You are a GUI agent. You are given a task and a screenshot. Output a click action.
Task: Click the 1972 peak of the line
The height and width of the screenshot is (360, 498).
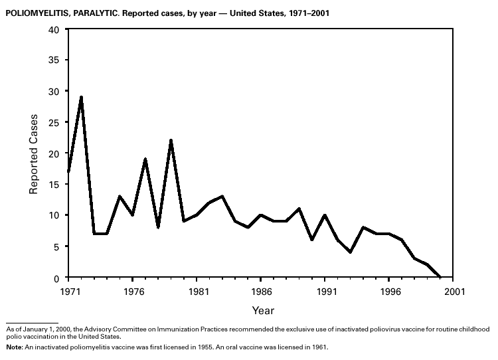[81, 98]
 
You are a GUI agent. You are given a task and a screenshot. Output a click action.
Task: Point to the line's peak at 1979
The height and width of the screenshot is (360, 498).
[171, 141]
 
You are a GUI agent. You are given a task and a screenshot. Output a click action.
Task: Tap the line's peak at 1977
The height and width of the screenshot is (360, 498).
[145, 159]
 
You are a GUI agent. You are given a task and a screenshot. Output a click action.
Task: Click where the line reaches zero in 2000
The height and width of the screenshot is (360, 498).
[441, 277]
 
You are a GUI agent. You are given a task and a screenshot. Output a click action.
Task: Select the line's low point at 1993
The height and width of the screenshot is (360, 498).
[351, 252]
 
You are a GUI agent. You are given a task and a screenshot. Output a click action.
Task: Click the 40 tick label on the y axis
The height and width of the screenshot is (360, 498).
[54, 30]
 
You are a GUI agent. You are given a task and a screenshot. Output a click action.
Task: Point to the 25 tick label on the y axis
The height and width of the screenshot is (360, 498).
[54, 123]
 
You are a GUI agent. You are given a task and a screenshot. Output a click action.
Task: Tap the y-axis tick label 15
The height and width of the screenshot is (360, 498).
[54, 185]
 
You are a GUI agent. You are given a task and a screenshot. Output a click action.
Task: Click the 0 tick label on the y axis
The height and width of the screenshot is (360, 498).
[57, 278]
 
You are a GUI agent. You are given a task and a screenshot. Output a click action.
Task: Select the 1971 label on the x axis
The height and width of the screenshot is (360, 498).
[68, 291]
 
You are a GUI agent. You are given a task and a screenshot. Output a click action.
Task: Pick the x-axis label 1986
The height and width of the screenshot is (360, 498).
[261, 291]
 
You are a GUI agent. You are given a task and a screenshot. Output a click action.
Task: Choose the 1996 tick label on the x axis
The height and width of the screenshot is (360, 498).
[389, 291]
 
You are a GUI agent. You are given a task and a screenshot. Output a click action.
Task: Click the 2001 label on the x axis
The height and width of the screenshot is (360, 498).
[454, 291]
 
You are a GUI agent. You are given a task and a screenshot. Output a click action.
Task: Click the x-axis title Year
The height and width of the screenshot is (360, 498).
[262, 310]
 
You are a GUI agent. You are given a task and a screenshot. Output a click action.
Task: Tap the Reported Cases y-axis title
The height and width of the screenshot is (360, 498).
[34, 153]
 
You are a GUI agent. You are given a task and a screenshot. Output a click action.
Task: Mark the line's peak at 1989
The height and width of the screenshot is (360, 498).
[299, 209]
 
